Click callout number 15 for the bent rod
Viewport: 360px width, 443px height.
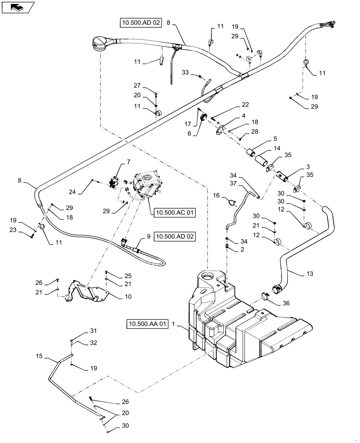(39, 356)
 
